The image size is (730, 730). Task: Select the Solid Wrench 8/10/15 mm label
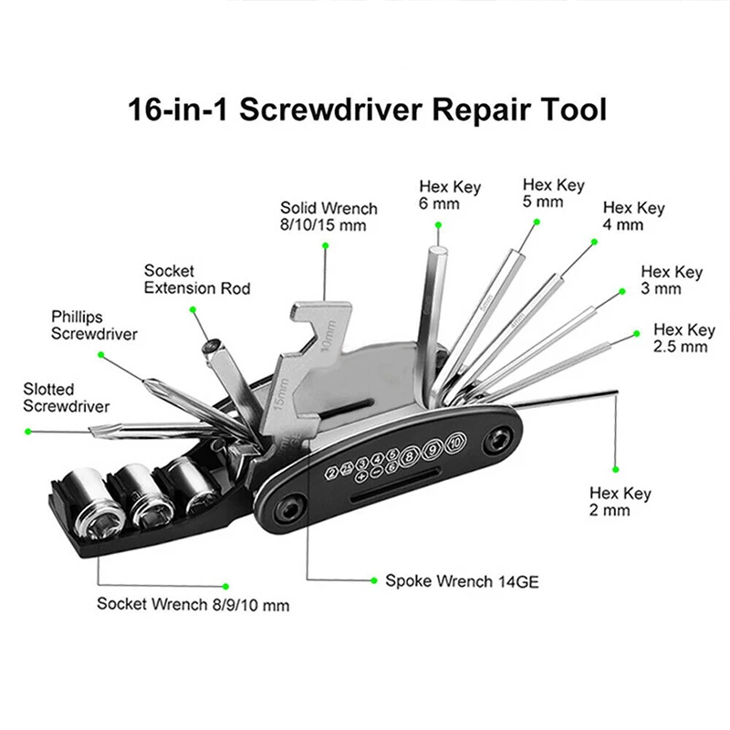[x=328, y=215]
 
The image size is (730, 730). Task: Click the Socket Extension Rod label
[x=196, y=279]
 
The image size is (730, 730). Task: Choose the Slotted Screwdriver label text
[x=67, y=398]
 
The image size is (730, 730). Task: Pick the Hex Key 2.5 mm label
[x=683, y=338]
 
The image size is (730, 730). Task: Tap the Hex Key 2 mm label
[x=621, y=502]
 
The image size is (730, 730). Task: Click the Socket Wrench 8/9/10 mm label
[x=193, y=604]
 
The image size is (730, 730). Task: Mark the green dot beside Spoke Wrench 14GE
[x=374, y=579]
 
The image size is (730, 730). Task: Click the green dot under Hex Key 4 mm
[x=595, y=242]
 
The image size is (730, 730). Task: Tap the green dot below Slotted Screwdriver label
[x=28, y=430]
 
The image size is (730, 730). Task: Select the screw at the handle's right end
[x=497, y=441]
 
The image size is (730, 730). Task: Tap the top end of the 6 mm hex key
[x=437, y=239]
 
